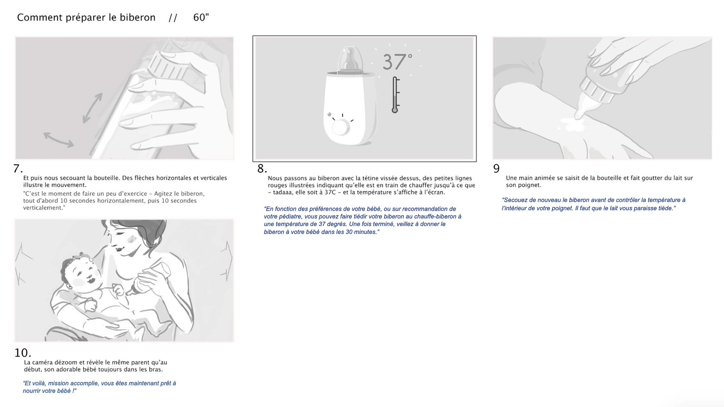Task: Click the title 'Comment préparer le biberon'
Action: [x=86, y=18]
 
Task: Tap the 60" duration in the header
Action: [x=201, y=17]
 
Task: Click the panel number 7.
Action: [x=18, y=168]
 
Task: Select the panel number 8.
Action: [x=262, y=168]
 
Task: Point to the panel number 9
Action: [x=496, y=168]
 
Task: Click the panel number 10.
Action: [x=23, y=353]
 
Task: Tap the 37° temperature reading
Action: [x=397, y=62]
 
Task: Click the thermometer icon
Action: [x=395, y=95]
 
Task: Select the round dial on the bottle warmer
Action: [x=341, y=128]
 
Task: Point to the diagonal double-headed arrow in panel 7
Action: [x=92, y=108]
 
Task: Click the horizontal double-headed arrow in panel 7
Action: [x=58, y=139]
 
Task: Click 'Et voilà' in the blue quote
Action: [x=33, y=383]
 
